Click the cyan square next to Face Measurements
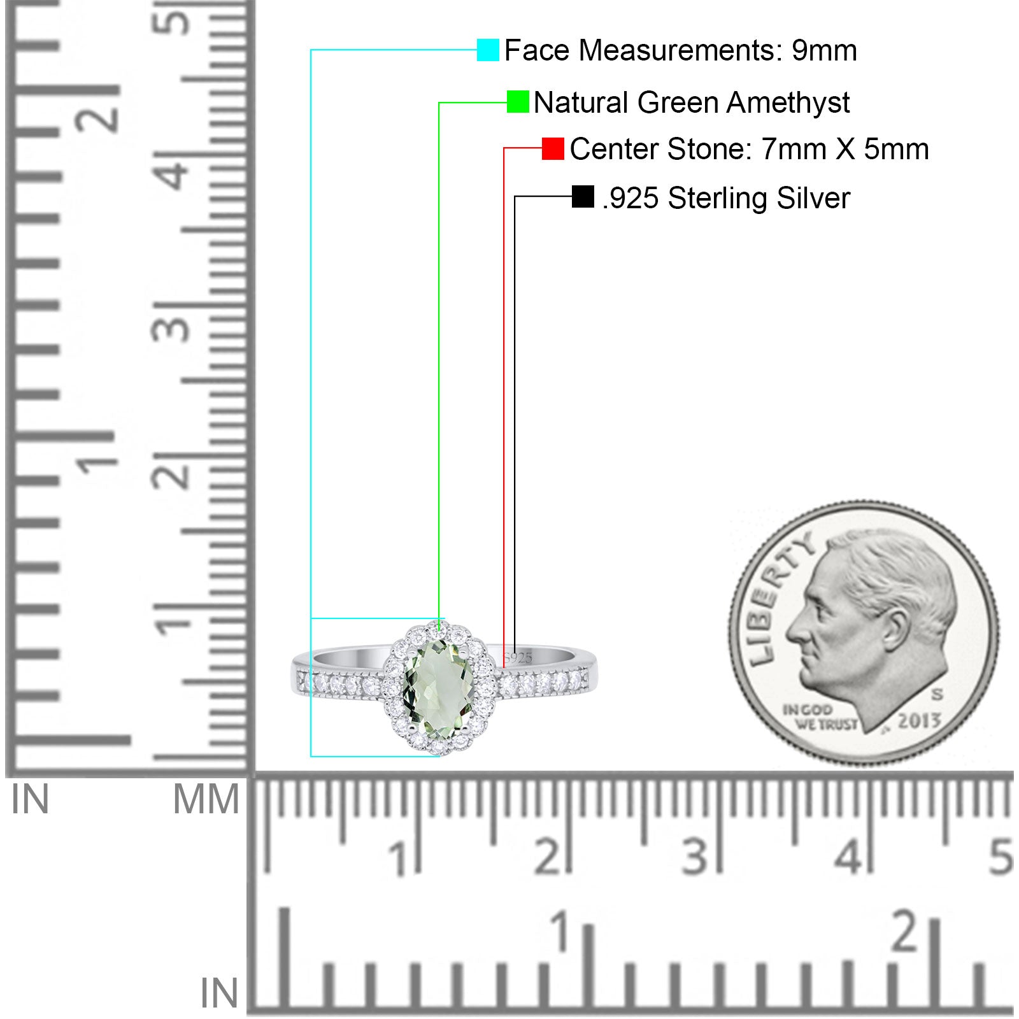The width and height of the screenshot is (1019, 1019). pos(488,50)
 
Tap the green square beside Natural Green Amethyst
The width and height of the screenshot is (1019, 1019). pos(518,102)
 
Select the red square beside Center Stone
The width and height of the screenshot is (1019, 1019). pos(553,149)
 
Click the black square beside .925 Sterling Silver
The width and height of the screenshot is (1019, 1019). pos(583,197)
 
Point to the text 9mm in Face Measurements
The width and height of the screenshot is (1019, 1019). pos(824,50)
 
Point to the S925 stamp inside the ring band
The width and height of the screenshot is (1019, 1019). pos(518,658)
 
